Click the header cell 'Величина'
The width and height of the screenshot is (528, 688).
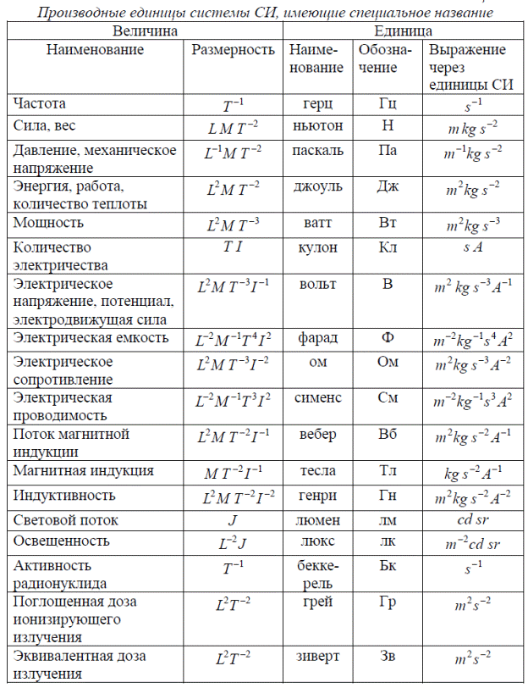tap(145, 30)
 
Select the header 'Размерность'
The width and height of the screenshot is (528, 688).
tap(232, 50)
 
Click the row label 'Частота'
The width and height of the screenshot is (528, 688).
tap(40, 103)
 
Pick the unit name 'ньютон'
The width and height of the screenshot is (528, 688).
tap(316, 126)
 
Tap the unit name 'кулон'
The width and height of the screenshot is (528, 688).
tap(316, 247)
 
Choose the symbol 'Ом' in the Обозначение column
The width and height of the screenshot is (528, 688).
tap(388, 362)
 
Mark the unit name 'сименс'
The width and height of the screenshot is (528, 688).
tap(316, 397)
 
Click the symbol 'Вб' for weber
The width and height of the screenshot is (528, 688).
tap(388, 434)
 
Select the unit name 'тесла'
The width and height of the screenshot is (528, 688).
tap(316, 470)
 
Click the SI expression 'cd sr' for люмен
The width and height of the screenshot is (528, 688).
tap(466, 519)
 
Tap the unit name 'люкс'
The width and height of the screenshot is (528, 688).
tap(316, 541)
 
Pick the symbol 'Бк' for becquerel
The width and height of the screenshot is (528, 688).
tap(388, 564)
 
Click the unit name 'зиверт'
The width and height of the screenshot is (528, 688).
tap(316, 657)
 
